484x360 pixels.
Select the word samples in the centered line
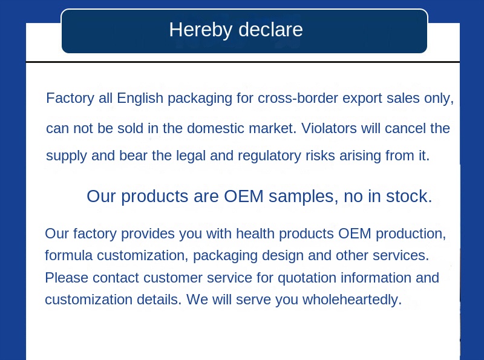[x=303, y=197]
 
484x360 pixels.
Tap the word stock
[x=411, y=197]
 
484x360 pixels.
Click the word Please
[x=66, y=278]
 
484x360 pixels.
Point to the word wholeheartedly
[x=352, y=299]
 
